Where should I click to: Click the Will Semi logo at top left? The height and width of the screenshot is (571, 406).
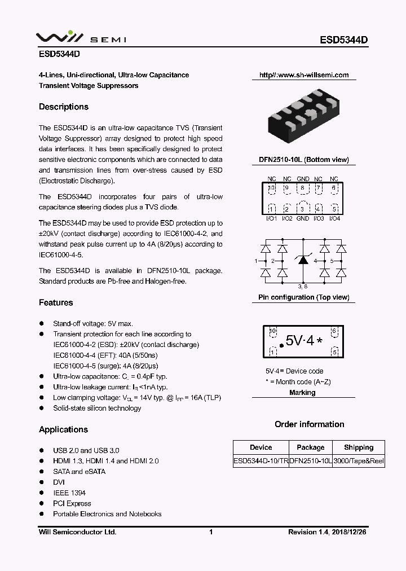click(81, 38)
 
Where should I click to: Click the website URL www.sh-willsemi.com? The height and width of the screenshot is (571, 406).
click(304, 75)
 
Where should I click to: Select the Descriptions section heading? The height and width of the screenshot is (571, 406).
click(64, 107)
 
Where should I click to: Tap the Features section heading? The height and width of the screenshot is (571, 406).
click(56, 302)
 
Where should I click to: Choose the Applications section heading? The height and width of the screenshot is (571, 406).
click(63, 429)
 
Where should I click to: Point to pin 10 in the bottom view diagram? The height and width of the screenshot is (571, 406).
click(272, 188)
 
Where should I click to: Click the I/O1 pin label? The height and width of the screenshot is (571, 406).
click(271, 218)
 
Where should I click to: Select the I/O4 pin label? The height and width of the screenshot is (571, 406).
click(334, 218)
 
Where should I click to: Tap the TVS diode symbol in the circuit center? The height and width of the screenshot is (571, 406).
click(303, 260)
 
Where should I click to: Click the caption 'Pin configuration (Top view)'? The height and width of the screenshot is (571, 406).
click(303, 297)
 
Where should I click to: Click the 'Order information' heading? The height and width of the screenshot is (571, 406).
click(309, 424)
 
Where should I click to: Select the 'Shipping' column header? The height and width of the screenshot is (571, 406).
click(359, 447)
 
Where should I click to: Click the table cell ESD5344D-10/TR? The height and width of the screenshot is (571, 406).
click(261, 461)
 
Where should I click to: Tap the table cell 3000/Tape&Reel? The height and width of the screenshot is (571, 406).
click(359, 461)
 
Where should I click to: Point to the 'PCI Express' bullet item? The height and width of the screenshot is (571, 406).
click(72, 503)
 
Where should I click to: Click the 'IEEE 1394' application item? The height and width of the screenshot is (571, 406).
click(69, 493)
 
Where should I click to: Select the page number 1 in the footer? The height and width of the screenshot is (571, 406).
click(210, 532)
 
